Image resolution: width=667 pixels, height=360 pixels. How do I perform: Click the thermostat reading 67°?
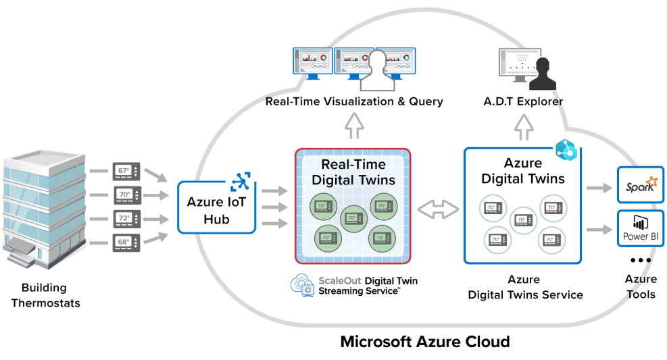click(126, 172)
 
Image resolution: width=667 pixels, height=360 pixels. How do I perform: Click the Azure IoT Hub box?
click(216, 207)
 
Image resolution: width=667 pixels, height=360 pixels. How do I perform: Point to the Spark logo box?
click(640, 184)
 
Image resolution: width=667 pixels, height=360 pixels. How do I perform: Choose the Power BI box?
click(640, 228)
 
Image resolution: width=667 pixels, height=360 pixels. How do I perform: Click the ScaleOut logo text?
click(339, 280)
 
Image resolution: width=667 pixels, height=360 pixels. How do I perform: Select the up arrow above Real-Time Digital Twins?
click(353, 126)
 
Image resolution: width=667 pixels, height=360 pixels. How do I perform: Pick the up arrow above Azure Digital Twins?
click(524, 126)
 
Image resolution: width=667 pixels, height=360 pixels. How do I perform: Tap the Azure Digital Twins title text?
click(523, 171)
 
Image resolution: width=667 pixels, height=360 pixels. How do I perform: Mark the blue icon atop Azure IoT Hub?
click(241, 181)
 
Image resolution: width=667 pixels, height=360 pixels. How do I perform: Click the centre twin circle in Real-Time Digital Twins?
click(353, 218)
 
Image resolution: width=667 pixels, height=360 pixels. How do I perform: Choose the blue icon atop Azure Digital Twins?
click(564, 151)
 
